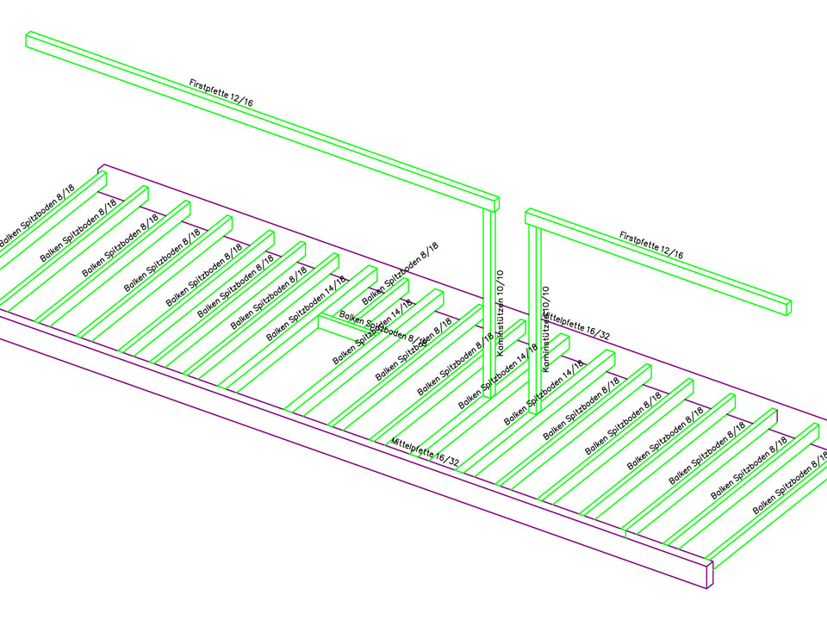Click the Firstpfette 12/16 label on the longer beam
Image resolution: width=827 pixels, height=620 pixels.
221,93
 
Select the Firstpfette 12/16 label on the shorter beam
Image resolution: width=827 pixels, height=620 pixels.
650,245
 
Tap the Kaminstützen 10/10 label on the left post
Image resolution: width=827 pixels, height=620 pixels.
500,313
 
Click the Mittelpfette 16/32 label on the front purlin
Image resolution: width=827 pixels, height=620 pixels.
425,452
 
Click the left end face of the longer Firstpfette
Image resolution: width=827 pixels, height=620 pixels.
28,40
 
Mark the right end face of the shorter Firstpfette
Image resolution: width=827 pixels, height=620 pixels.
787,306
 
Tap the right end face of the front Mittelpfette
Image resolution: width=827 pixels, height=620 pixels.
710,575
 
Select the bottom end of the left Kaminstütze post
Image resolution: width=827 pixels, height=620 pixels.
488,394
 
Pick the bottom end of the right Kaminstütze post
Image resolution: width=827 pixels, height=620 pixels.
533,411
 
